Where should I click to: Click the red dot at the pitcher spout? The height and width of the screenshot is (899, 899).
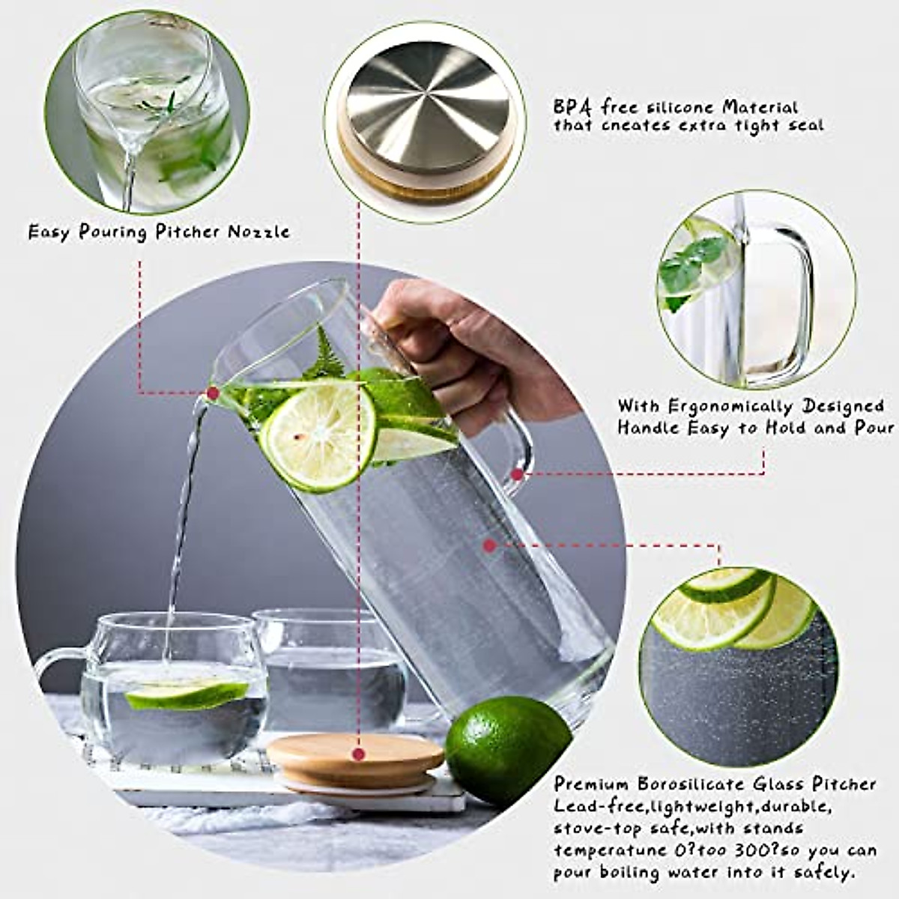tap(213, 392)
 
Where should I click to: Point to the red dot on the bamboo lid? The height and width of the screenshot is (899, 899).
tap(359, 754)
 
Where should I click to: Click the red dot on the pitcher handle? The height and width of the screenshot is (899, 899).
tap(517, 473)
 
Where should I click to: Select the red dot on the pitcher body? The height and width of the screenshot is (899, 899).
tap(490, 546)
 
